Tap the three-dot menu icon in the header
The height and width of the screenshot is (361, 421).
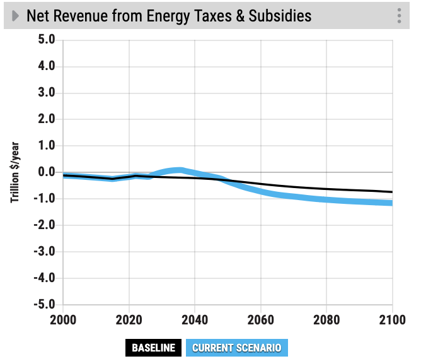click(399, 16)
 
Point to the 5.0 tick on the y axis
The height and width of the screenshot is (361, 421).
click(47, 40)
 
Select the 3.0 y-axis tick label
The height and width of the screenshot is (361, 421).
click(47, 93)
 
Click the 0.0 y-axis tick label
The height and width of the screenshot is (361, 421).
click(47, 172)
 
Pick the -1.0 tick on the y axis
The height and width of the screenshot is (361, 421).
click(45, 199)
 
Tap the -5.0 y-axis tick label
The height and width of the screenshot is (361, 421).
click(45, 305)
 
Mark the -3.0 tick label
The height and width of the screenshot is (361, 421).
click(45, 252)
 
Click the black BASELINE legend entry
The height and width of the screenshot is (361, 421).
click(153, 348)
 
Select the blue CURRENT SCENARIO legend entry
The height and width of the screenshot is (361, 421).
click(236, 348)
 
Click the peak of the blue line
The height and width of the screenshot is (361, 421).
click(180, 169)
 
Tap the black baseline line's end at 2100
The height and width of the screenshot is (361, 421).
click(392, 192)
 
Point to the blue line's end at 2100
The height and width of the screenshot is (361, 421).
click(392, 203)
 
